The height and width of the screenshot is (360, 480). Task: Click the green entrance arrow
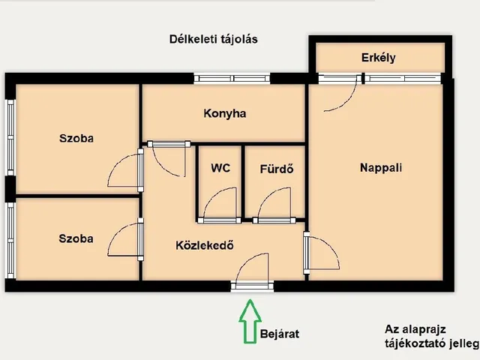250,322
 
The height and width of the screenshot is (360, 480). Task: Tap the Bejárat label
280,334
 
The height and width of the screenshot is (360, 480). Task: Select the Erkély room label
378,58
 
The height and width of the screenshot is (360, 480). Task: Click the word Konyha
225,113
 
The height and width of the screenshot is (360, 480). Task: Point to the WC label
220,168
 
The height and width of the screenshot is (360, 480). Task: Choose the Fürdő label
277,169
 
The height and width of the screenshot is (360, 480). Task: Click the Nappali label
381,168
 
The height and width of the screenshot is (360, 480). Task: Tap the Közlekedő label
205,245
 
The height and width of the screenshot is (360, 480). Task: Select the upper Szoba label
76,138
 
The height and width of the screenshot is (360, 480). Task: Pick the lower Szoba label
76,238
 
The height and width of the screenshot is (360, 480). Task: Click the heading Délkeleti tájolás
213,39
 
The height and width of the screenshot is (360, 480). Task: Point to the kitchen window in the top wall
232,79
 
